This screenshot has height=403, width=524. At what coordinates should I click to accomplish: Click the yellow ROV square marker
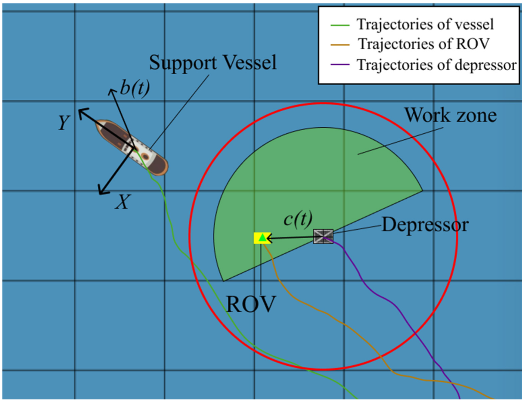coord(262,238)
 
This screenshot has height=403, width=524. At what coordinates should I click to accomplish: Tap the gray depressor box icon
coord(323,236)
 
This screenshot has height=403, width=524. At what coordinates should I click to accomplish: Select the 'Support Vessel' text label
coord(213,62)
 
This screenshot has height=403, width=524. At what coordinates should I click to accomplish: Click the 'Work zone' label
coord(451,115)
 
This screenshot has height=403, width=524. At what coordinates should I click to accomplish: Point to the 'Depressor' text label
coord(425,225)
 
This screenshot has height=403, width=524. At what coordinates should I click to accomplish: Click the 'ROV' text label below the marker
coord(251,304)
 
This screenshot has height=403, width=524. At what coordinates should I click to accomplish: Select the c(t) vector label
coord(298,219)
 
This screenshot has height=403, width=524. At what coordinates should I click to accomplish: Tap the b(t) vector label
coord(135,89)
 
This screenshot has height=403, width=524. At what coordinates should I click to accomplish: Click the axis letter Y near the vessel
coord(64,122)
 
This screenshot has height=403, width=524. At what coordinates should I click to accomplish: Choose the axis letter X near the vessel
coord(122,202)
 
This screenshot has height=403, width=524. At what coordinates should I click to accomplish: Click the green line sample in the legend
coord(340,25)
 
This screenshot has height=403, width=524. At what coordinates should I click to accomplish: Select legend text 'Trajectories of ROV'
coord(424,44)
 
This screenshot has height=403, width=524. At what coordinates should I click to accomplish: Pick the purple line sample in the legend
coord(340,65)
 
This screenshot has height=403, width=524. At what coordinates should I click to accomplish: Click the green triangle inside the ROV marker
coord(263,238)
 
